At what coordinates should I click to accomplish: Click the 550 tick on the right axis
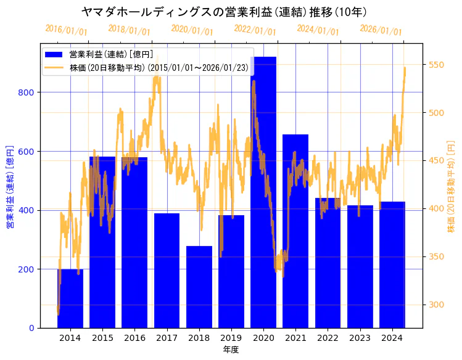coord(437,65)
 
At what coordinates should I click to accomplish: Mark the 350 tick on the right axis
coord(437,256)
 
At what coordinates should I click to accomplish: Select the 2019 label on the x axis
coord(231,338)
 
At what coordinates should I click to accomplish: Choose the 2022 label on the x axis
coord(328,338)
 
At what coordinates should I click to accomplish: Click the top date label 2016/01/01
coord(67,30)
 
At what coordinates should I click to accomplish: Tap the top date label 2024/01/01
coord(318,30)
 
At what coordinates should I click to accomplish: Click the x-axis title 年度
coord(231,350)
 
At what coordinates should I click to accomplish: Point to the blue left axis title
coord(10,187)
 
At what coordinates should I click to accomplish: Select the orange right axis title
coord(451,187)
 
